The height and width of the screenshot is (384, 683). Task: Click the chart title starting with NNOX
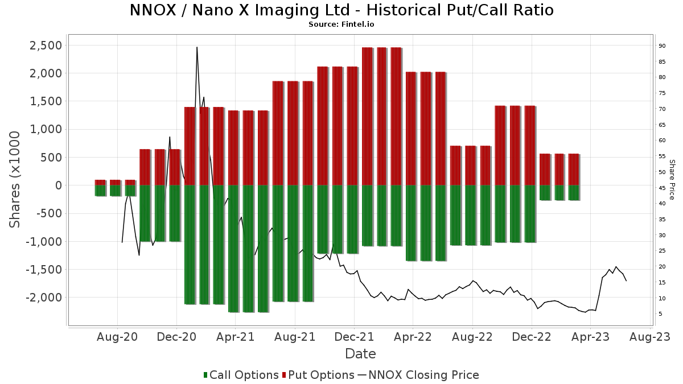click(x=341, y=10)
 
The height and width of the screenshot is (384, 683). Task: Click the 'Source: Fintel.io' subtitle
click(x=341, y=24)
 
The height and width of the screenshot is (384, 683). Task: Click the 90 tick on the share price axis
click(x=662, y=46)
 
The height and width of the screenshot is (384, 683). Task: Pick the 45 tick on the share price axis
click(x=662, y=188)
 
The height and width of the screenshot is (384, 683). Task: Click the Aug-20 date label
click(x=117, y=337)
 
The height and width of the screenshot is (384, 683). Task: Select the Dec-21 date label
click(x=354, y=337)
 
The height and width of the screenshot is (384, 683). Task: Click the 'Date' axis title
click(x=360, y=354)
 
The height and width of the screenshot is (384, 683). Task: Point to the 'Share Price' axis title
click(x=672, y=179)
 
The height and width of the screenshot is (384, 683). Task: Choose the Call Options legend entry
click(x=241, y=375)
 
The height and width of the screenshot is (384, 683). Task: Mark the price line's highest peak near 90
click(x=197, y=47)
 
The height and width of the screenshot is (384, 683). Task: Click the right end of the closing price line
click(x=626, y=280)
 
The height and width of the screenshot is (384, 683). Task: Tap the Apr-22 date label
click(x=413, y=337)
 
